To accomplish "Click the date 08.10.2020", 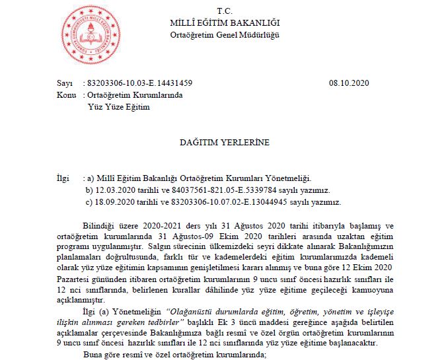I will (x=348, y=84).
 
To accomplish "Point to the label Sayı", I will (x=64, y=84).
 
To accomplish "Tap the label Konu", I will (x=67, y=95).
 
